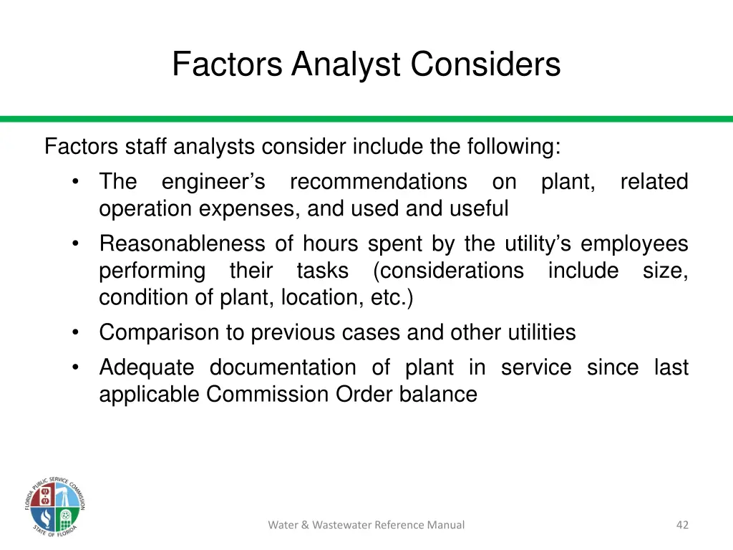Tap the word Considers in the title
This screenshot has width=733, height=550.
tap(485, 64)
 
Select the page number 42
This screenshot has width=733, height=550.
tap(682, 525)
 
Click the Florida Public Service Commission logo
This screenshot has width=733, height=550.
tap(54, 506)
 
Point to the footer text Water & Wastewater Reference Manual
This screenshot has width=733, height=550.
tap(366, 525)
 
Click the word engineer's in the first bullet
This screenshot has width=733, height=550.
tap(213, 182)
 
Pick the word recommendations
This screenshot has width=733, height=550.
tap(378, 182)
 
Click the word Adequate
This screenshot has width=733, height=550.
tap(147, 367)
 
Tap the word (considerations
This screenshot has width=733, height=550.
tap(448, 271)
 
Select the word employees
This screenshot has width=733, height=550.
tap(634, 244)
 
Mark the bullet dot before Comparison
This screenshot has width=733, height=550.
tap(76, 332)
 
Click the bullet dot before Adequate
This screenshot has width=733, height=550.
tap(76, 367)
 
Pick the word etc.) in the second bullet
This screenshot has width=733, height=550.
tap(392, 298)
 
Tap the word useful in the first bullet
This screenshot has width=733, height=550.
tap(479, 209)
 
